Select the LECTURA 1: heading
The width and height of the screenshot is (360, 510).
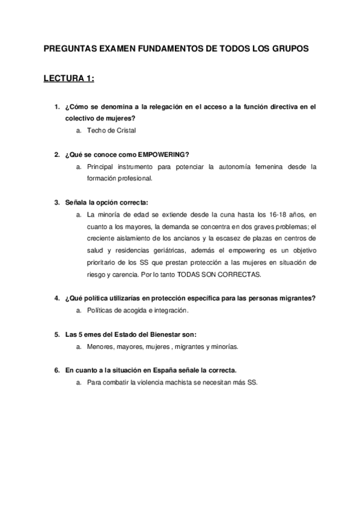pyautogui.click(x=69, y=79)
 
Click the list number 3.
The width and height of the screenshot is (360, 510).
pyautogui.click(x=56, y=202)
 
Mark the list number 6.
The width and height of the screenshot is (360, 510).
pyautogui.click(x=56, y=370)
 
